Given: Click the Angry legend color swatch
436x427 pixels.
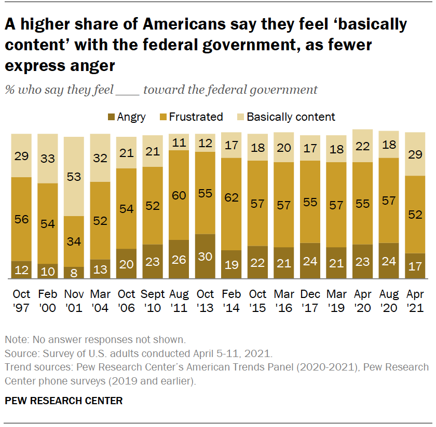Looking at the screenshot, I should [111, 117].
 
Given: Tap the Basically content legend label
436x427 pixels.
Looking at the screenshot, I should [291, 117].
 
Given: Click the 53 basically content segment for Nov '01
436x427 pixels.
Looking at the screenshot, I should [74, 176].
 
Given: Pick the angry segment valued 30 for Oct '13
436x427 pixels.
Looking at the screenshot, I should [205, 257].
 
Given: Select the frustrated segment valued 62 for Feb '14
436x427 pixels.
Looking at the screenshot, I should [231, 204].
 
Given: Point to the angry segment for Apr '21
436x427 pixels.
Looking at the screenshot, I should [415, 266].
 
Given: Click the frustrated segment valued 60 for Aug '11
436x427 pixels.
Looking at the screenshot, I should [179, 195].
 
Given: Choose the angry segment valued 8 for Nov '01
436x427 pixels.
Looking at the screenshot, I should [74, 273].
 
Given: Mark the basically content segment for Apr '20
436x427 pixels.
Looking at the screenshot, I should [362, 146].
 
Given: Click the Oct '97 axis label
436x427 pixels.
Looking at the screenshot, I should [21, 301].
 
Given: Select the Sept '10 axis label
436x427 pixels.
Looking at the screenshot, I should [153, 301].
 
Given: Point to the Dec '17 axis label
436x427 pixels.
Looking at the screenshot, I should [310, 301].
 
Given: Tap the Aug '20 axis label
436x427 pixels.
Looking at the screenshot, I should [389, 301].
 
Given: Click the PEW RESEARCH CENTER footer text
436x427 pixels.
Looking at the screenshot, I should [64, 401].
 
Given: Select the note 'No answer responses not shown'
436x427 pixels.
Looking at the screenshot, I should [95, 340].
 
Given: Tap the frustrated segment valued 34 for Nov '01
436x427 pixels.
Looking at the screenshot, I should [74, 241].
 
